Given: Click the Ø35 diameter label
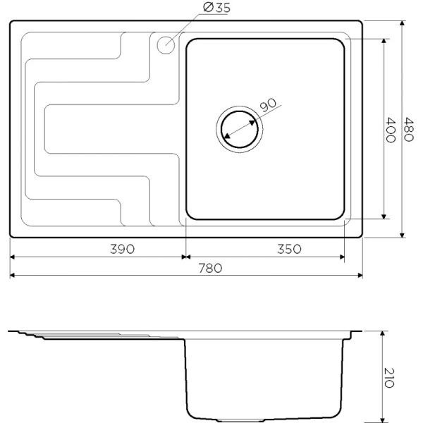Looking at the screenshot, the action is tap(216, 7).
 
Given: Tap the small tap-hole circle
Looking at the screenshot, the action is tap(166, 44).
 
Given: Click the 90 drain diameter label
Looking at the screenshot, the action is tap(268, 104).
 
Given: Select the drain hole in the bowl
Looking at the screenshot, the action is tap(239, 130).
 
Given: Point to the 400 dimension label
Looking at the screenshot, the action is tap(390, 130).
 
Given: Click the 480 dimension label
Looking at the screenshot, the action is tap(408, 129).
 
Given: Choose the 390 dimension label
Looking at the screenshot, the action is tap(122, 249).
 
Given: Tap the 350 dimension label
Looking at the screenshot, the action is tap(289, 249).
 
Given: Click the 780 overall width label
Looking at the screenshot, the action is tap(210, 268).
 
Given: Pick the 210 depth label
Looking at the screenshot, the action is tap(388, 378).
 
